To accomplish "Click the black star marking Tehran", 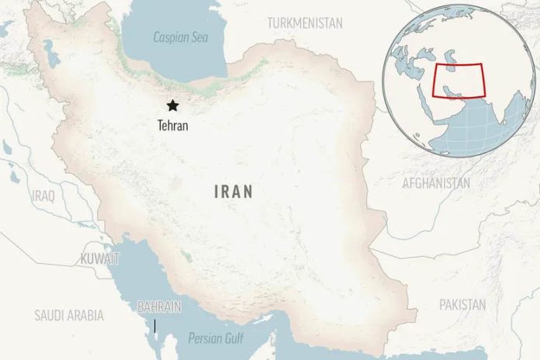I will point(171,106).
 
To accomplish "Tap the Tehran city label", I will point(172,124).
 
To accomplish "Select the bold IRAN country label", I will point(233,191).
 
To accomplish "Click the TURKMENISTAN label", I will point(305,23).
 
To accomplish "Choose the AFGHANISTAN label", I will point(436,183).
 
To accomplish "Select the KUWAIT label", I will point(100,258).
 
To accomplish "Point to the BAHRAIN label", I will point(158,306).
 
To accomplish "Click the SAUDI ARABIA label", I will point(68,315).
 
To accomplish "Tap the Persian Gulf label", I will point(216,338).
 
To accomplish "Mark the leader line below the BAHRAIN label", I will point(154,324).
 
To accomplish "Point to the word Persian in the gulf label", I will point(206,338).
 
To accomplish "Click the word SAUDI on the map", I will point(49,315).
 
